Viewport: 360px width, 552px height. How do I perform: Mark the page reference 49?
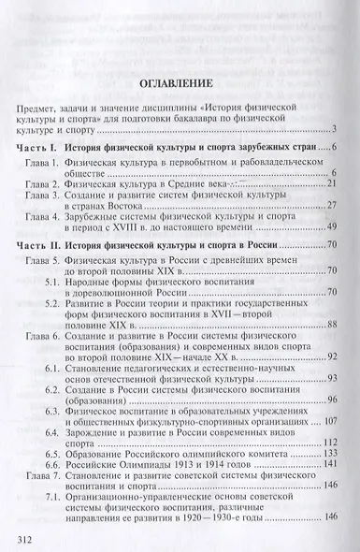pyautogui.click(x=330, y=226)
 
